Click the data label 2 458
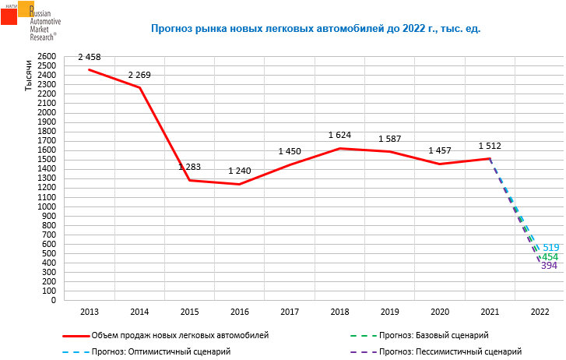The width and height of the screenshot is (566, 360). tap(90, 58)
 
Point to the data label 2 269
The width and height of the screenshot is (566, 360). tap(140, 75)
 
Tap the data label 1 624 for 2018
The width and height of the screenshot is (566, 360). tap(339, 136)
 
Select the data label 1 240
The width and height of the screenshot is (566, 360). tap(240, 171)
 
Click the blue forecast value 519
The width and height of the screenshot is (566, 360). tap(551, 247)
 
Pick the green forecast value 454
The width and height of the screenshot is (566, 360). tap(550, 257)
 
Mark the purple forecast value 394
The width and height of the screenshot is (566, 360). tap(549, 266)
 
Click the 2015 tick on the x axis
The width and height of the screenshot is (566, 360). tap(189, 312)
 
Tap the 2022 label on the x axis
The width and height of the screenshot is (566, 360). tap(540, 312)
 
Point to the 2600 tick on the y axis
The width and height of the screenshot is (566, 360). tap(47, 57)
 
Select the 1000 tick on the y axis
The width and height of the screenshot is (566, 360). tap(47, 206)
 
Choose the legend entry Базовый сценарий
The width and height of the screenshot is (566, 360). tap(434, 335)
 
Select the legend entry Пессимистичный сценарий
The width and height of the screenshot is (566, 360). tap(449, 351)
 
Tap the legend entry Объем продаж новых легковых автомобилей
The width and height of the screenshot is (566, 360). tap(179, 335)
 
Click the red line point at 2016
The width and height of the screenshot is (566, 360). tap(239, 184)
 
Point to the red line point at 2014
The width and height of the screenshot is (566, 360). tap(139, 88)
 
